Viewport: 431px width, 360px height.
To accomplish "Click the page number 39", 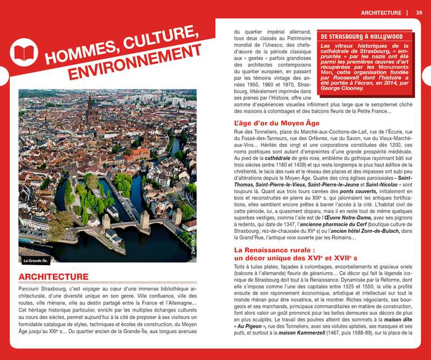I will [419, 12].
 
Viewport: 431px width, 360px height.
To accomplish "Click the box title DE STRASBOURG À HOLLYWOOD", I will [362, 37].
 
